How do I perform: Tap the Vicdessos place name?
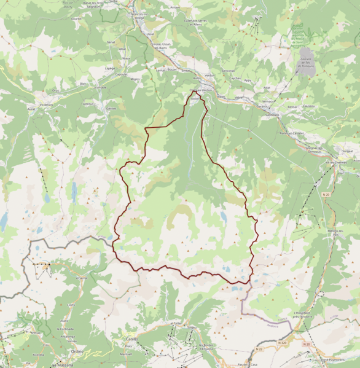pyautogui.click(x=46, y=105)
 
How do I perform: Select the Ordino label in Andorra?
pyautogui.click(x=77, y=351)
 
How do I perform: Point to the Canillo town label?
pyautogui.click(x=131, y=339)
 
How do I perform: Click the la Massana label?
pyautogui.click(x=62, y=365)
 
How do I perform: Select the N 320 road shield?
pyautogui.click(x=282, y=343)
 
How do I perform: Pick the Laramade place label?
pyautogui.click(x=99, y=87)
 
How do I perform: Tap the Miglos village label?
pyautogui.click(x=135, y=79)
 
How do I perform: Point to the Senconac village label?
pyautogui.click(x=229, y=70)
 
